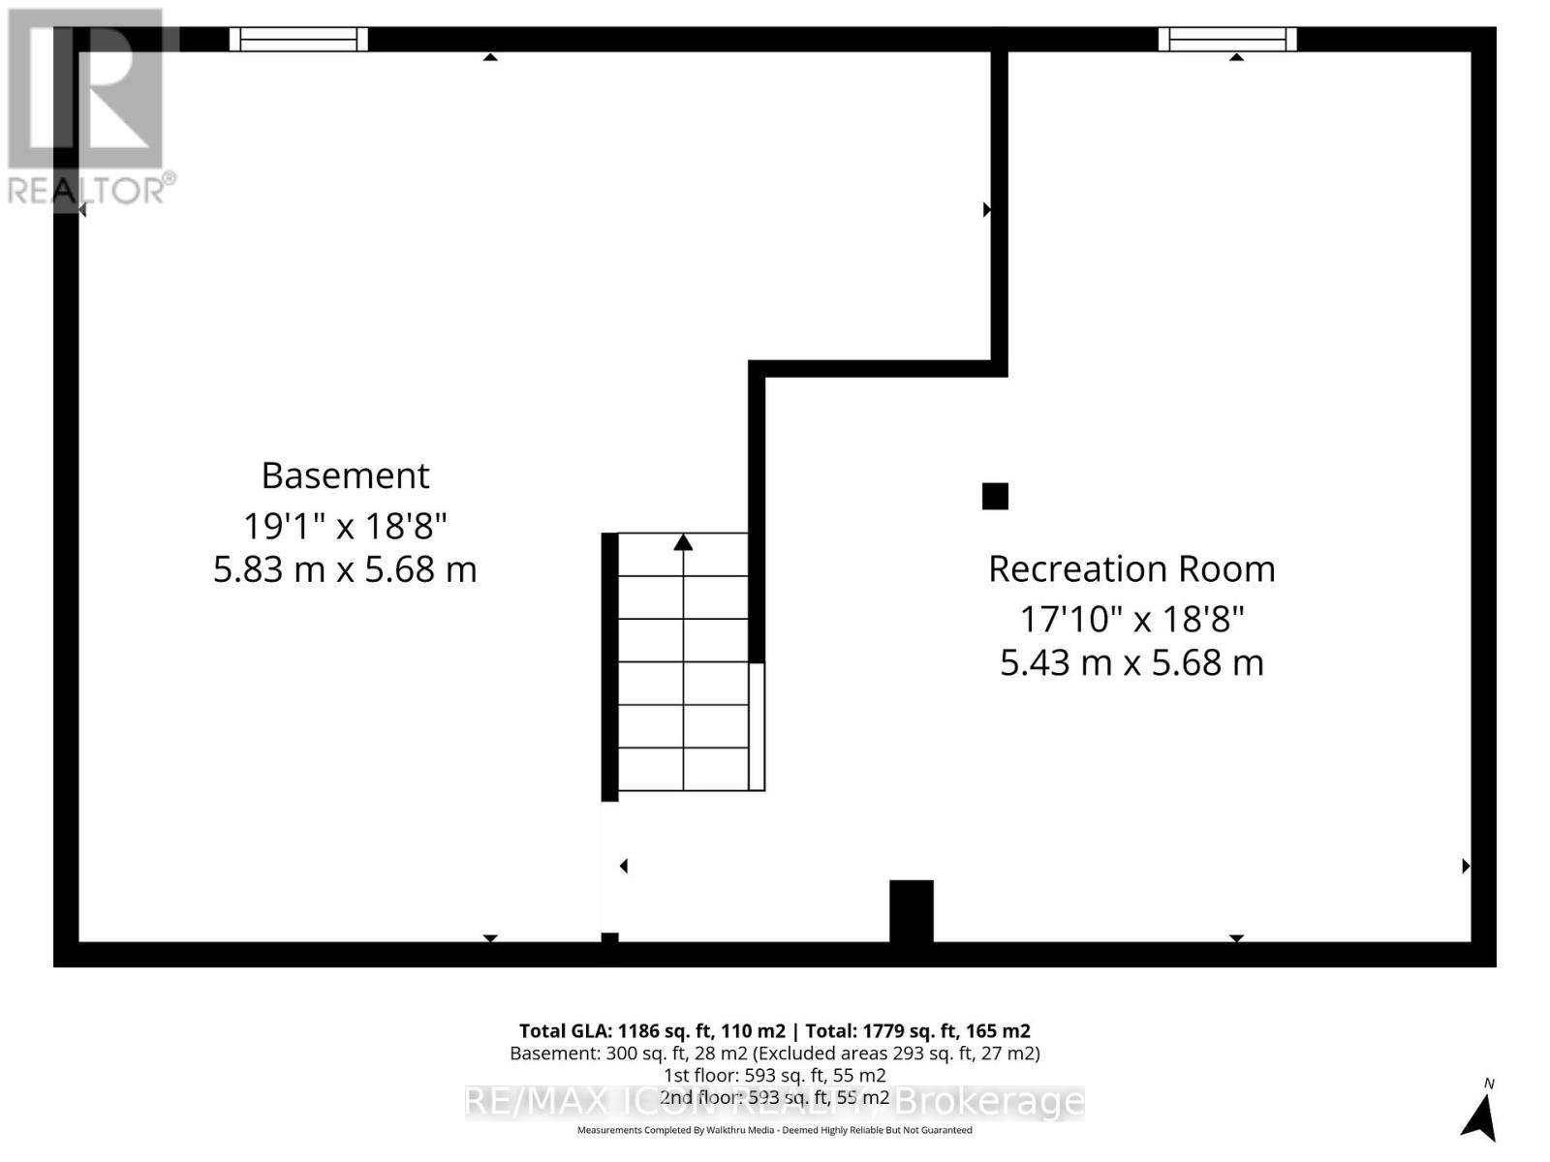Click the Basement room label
(345, 475)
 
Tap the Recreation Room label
(1131, 568)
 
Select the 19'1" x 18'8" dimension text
(345, 526)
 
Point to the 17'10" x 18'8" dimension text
(1131, 618)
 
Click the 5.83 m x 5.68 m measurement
(345, 568)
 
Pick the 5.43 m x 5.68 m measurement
(1131, 662)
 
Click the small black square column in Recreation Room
(995, 496)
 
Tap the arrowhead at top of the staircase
(683, 542)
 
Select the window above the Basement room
(298, 39)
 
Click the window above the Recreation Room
(1227, 39)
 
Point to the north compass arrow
(1479, 1117)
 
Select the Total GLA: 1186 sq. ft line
(774, 1031)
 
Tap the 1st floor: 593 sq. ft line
(774, 1075)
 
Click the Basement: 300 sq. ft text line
(774, 1053)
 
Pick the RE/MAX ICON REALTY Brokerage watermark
(774, 1102)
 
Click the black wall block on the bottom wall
(911, 910)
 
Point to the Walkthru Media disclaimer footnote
(774, 1130)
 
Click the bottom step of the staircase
(683, 769)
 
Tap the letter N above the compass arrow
(1489, 1084)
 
